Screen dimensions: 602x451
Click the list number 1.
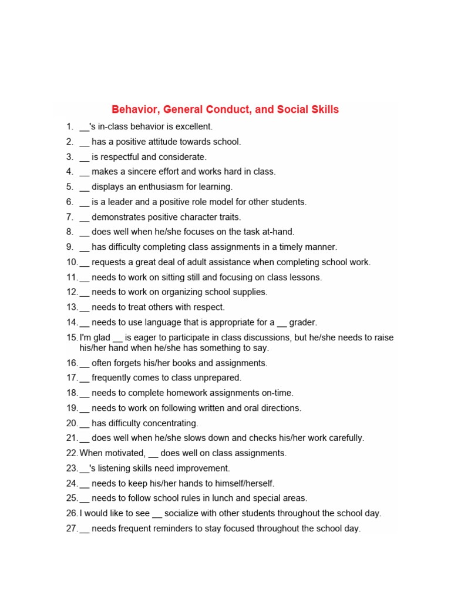click(x=70, y=126)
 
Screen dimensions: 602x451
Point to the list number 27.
click(x=72, y=529)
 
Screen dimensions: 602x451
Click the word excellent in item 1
click(x=194, y=126)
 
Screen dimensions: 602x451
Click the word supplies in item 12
click(x=251, y=292)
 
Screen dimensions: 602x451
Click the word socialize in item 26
click(x=184, y=513)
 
